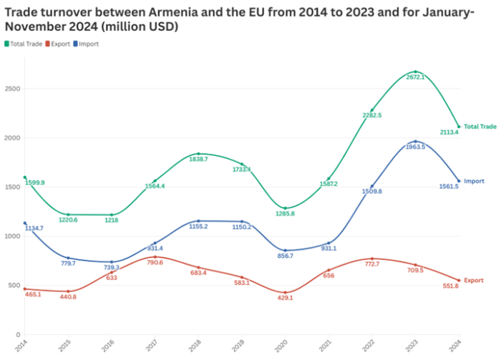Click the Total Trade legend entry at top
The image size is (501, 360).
[24, 44]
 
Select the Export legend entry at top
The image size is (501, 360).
[59, 44]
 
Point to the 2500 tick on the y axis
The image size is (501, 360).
[12, 89]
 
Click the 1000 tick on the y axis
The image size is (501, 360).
[12, 236]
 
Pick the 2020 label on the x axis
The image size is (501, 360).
[285, 345]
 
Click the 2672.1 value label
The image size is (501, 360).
[416, 77]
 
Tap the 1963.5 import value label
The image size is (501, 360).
[416, 147]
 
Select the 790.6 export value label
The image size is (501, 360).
[155, 263]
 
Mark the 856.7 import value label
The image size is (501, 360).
[286, 256]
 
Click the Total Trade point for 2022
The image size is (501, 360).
[372, 110]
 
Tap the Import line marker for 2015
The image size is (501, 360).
[68, 258]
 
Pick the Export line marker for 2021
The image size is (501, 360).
[329, 270]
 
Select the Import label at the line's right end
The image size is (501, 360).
[474, 181]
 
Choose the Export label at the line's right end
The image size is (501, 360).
[474, 281]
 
